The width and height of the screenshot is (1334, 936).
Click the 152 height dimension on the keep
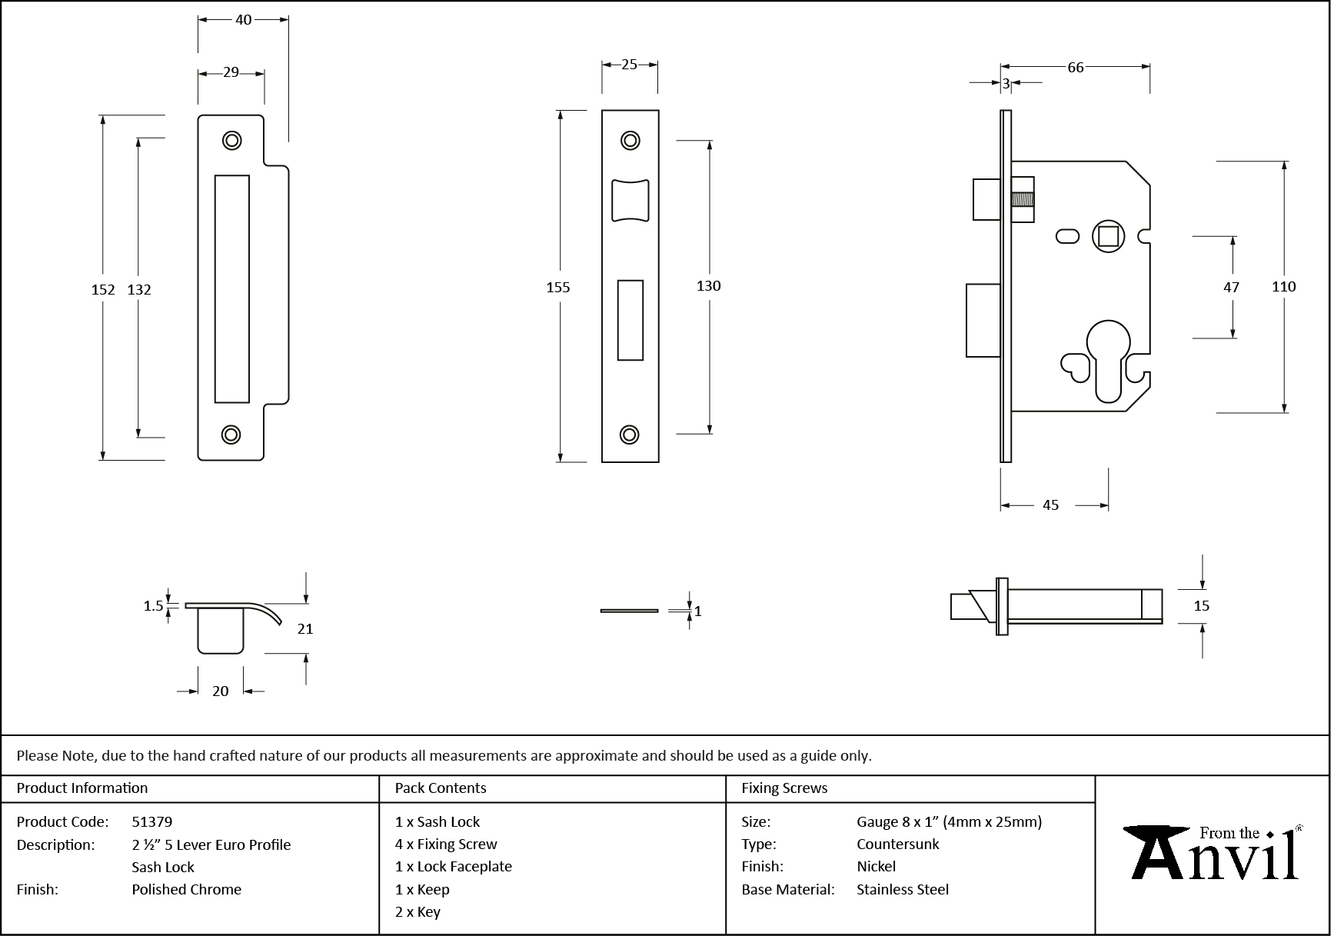click(x=103, y=289)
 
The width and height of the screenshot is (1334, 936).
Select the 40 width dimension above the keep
click(x=243, y=20)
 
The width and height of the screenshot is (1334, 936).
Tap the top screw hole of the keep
click(x=231, y=140)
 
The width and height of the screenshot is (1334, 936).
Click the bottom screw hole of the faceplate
click(x=630, y=435)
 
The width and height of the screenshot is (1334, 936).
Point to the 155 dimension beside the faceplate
click(x=558, y=287)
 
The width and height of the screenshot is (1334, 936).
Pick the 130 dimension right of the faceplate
click(x=708, y=286)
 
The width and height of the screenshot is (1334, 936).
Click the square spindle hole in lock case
click(x=1107, y=235)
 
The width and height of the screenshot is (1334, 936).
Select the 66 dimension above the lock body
click(x=1075, y=68)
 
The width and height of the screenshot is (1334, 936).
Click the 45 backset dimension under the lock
click(x=1050, y=505)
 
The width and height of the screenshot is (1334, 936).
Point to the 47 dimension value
click(x=1231, y=287)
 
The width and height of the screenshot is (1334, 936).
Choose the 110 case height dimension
click(x=1283, y=287)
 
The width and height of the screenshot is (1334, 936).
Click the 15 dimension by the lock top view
click(x=1201, y=606)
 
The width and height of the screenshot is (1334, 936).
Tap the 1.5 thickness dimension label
click(x=153, y=606)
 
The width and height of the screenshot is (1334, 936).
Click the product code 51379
click(x=152, y=821)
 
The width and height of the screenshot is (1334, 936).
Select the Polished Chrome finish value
click(x=186, y=889)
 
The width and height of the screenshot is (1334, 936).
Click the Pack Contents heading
click(x=441, y=788)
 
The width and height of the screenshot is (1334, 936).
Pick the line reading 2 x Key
click(x=417, y=912)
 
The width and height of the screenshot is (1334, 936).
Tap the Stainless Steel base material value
click(x=903, y=889)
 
